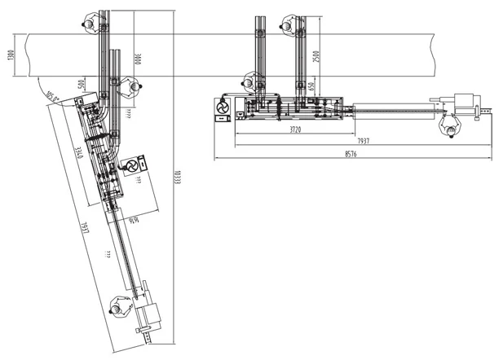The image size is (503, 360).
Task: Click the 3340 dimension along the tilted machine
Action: tap(77, 153)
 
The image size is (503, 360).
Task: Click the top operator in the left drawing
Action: tap(85, 22)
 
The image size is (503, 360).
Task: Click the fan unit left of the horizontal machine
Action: tap(222, 107)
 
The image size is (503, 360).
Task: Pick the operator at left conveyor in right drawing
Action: tap(253, 82)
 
